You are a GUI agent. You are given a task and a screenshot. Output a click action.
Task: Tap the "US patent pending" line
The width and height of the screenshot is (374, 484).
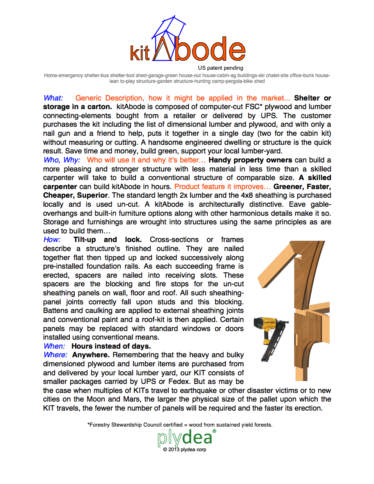click(220, 68)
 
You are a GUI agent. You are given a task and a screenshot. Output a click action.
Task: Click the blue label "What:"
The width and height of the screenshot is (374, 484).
click(53, 98)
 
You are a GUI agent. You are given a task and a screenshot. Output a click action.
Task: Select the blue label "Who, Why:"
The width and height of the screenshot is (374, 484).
click(62, 160)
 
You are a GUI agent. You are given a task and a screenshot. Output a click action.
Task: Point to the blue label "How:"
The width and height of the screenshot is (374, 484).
click(52, 240)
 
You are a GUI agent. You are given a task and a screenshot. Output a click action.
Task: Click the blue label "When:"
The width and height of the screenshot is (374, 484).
click(55, 346)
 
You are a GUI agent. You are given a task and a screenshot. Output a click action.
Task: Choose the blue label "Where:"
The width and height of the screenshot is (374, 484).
click(55, 355)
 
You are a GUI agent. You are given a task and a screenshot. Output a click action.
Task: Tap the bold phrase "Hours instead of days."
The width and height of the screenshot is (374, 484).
click(111, 346)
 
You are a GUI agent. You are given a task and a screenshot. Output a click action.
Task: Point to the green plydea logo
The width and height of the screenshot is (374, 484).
click(185, 438)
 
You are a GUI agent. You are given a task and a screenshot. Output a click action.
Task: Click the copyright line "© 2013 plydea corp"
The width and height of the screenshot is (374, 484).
click(184, 450)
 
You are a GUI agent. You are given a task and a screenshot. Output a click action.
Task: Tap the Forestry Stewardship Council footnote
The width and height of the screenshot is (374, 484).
click(180, 425)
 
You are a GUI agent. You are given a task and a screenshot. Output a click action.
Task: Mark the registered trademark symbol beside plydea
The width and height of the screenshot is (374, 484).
click(214, 431)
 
